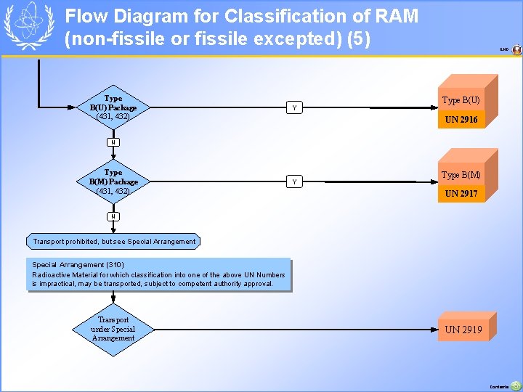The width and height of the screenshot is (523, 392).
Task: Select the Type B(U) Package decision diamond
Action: (113, 107)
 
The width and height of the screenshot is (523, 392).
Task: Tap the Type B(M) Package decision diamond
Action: (113, 181)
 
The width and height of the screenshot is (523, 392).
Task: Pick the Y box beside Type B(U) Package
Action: (293, 107)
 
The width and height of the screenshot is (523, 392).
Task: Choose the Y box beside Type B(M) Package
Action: (293, 181)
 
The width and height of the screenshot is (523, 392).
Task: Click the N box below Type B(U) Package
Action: (113, 142)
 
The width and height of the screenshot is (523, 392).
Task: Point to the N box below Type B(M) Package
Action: (113, 216)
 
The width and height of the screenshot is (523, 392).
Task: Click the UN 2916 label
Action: (461, 120)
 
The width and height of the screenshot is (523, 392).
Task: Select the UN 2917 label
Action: (461, 194)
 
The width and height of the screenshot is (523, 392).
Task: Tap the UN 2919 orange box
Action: (464, 330)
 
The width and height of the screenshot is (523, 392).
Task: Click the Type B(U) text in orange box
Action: (461, 100)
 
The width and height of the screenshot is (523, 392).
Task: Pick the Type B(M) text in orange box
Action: (461, 175)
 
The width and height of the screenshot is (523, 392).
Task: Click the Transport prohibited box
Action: (114, 241)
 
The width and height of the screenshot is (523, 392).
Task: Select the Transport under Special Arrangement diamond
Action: (113, 329)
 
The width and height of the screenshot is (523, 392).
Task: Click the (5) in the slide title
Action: (359, 38)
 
